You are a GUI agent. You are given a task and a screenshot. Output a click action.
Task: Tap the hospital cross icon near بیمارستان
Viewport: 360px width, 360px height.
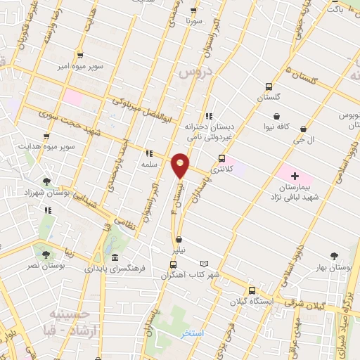click(295, 175)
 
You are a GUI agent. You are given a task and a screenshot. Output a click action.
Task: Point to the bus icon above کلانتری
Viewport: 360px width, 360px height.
click(222, 158)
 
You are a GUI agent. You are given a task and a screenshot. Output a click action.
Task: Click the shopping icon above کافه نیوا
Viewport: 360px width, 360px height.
click(277, 117)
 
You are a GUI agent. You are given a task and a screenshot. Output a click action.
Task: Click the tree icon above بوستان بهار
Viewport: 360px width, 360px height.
click(333, 257)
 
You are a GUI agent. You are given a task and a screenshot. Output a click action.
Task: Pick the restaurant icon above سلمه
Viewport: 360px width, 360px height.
click(148, 153)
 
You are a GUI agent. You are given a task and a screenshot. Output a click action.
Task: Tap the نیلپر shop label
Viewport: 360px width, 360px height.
click(180, 250)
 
